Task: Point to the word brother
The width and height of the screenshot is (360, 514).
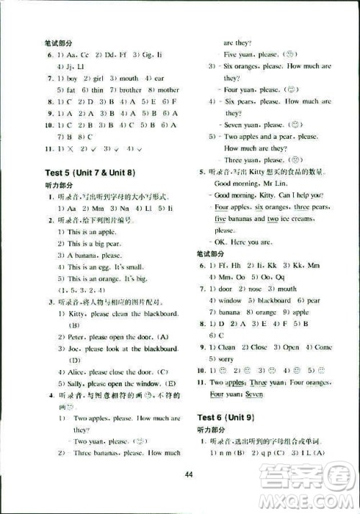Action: [x=130, y=90]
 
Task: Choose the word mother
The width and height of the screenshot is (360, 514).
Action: [x=168, y=90]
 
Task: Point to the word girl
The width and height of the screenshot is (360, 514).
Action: [x=96, y=78]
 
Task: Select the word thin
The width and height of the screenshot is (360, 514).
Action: [x=97, y=90]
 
